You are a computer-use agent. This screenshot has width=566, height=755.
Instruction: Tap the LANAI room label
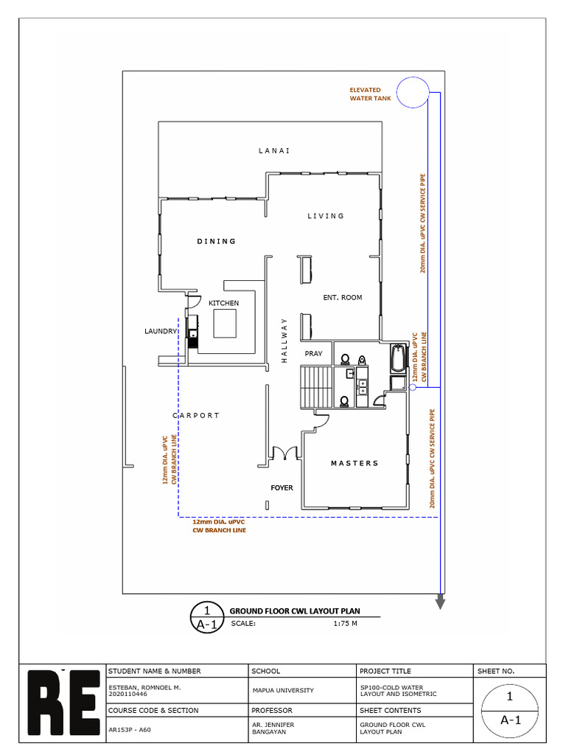click(x=274, y=150)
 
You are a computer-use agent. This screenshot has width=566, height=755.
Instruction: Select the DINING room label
click(x=217, y=241)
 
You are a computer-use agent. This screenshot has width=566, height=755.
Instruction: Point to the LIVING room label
click(x=326, y=216)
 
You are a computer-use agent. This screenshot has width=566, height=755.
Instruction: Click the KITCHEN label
click(x=224, y=303)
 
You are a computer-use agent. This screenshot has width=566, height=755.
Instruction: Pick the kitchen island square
click(x=225, y=324)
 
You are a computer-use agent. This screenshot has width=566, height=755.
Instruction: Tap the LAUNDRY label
click(x=161, y=331)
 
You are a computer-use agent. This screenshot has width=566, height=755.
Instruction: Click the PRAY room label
click(x=313, y=353)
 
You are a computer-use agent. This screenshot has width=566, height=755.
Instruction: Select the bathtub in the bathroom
click(x=398, y=358)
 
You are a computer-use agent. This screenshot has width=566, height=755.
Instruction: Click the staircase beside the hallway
click(x=317, y=387)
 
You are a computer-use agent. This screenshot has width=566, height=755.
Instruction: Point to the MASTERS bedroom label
click(x=354, y=463)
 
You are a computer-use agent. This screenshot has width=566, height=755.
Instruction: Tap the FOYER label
click(x=282, y=488)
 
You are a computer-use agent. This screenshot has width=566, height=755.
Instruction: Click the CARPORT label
click(x=196, y=415)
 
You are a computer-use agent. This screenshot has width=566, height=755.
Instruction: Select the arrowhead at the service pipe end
click(x=441, y=603)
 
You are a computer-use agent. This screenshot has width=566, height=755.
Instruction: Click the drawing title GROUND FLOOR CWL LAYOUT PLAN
click(x=295, y=611)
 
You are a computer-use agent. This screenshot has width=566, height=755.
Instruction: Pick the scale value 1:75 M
click(x=346, y=624)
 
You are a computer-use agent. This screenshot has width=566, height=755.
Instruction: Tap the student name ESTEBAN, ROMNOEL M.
click(x=144, y=688)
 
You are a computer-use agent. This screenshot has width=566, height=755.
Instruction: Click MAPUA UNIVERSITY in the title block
click(x=283, y=690)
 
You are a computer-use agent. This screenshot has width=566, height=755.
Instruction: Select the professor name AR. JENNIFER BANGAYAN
click(x=273, y=728)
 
